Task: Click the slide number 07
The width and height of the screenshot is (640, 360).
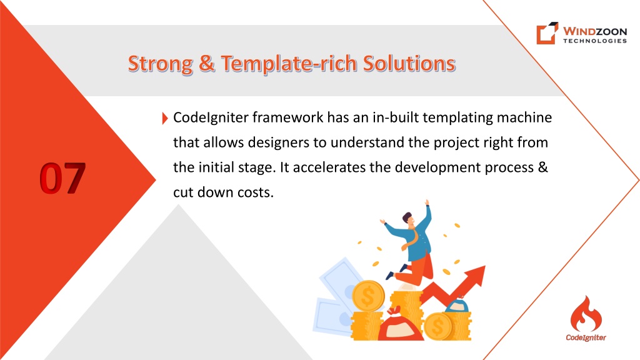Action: [63, 178]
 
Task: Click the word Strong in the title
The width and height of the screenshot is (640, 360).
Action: [161, 64]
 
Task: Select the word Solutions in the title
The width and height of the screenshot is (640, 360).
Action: [409, 64]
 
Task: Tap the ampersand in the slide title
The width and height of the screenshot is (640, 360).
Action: [207, 64]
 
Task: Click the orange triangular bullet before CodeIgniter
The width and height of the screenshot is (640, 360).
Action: [165, 118]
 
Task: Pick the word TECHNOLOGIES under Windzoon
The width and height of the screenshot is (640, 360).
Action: [595, 41]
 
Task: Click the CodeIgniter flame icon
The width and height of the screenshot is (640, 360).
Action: [586, 314]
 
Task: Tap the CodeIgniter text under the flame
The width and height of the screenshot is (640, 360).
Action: [586, 337]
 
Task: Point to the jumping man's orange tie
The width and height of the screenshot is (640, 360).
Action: [410, 239]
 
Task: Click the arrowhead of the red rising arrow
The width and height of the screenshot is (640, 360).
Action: [476, 276]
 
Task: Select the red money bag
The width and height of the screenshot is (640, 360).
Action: [401, 326]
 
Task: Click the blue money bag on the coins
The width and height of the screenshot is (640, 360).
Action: [456, 305]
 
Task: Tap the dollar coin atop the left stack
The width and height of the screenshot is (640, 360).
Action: [368, 296]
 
